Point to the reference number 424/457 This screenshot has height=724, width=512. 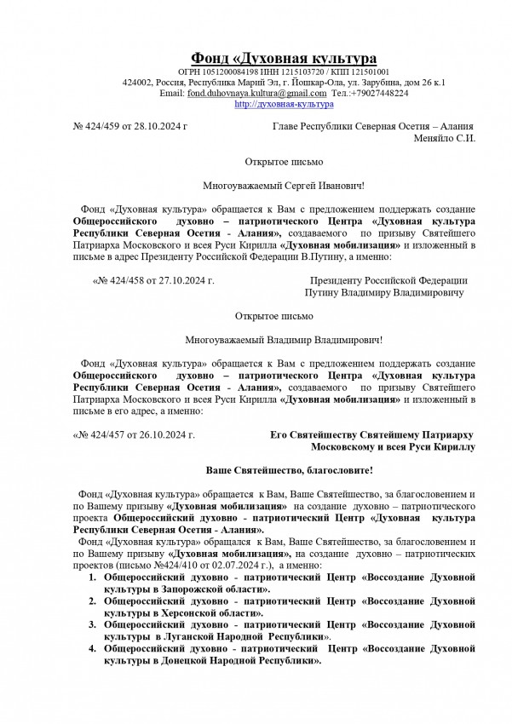pos(109,434)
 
